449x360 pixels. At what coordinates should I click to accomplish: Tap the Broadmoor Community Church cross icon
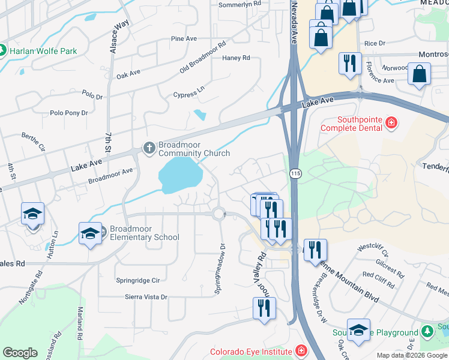tap(149, 147)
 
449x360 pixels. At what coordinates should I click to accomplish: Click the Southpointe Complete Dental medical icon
tap(391, 124)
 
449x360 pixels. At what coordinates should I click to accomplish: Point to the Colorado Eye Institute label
tap(250, 352)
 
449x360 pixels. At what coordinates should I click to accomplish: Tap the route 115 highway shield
tap(296, 172)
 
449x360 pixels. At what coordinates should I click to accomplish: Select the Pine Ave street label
tap(184, 39)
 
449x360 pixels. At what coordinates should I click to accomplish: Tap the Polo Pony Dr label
tap(68, 113)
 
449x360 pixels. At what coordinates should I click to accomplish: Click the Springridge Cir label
tap(138, 280)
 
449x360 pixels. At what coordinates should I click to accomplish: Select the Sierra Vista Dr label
tap(145, 297)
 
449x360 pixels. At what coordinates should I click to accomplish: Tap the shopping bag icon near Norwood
tap(419, 75)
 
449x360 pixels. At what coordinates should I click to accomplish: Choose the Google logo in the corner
tap(20, 353)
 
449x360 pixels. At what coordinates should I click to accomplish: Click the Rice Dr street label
tap(375, 43)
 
